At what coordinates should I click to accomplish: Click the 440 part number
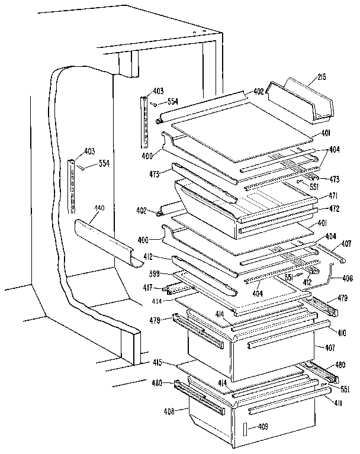pos(98,208)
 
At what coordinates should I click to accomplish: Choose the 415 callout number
pos(157,362)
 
